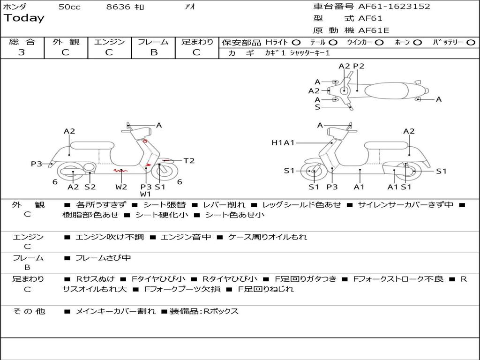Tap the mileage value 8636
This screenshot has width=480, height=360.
point(118,7)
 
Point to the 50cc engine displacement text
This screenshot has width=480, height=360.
point(69,7)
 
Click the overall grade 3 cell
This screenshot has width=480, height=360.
point(22,52)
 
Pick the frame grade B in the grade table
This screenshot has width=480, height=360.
point(153,52)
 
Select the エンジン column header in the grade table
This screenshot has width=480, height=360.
point(109,42)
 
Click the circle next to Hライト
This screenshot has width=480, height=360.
point(296,42)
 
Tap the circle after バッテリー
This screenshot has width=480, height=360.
point(471,42)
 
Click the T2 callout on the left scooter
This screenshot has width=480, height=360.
point(189,161)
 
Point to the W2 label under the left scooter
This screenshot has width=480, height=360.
point(121,187)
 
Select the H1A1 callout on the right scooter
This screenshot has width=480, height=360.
point(283,142)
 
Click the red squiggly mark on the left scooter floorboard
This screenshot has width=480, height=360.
point(120,172)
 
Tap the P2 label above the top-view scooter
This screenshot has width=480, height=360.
point(359,66)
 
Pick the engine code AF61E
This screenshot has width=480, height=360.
point(374,30)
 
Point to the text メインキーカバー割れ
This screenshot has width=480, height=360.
point(115,311)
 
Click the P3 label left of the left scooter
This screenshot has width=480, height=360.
point(37,164)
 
